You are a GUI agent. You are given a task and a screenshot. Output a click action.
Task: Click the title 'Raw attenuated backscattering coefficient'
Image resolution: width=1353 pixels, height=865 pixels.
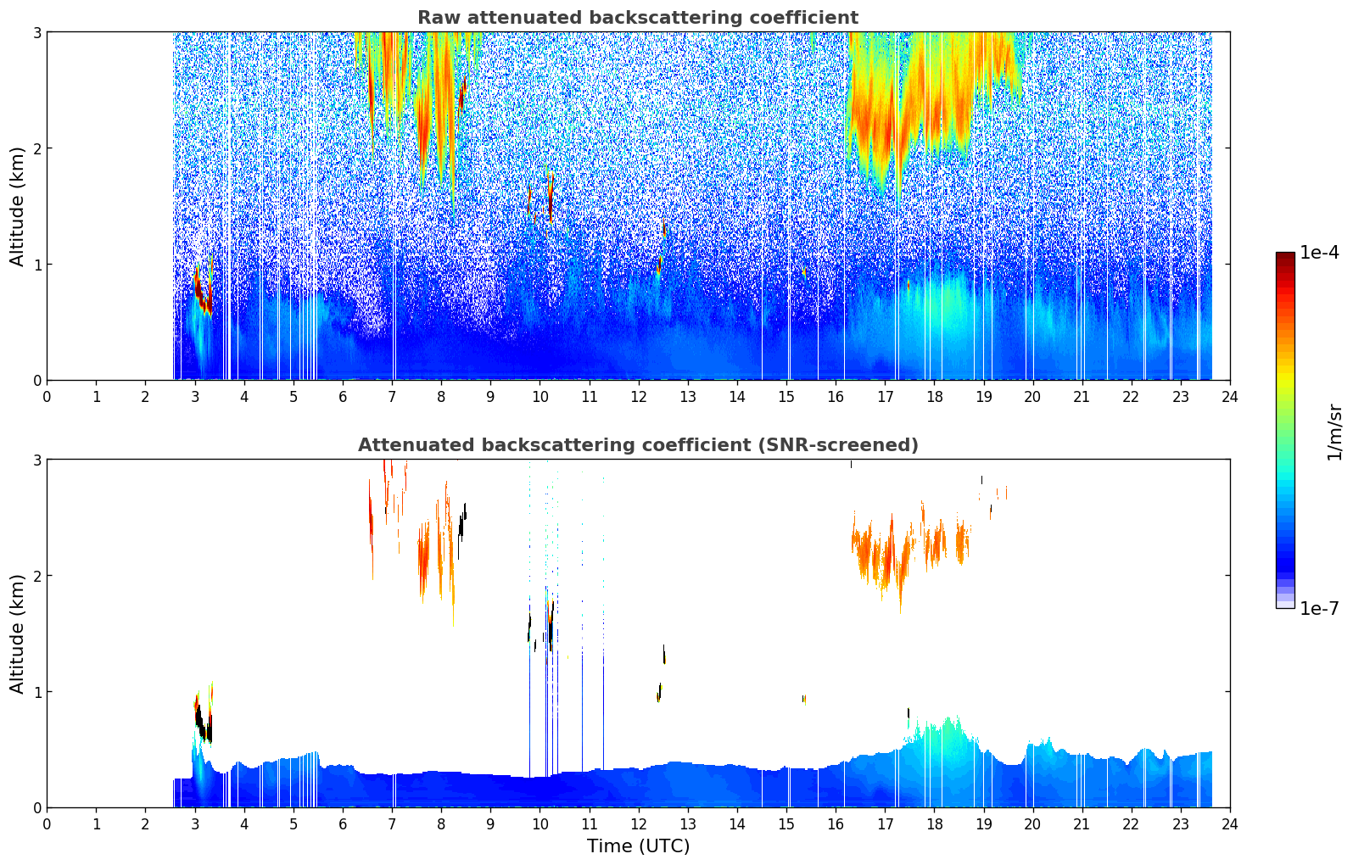tap(637, 18)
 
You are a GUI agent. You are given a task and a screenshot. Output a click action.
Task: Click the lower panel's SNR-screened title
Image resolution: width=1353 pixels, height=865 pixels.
tap(637, 445)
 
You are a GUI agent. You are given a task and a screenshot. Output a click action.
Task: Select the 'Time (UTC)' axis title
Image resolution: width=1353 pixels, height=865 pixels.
tap(638, 846)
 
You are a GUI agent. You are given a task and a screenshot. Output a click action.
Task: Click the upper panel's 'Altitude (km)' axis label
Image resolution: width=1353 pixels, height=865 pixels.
tap(17, 206)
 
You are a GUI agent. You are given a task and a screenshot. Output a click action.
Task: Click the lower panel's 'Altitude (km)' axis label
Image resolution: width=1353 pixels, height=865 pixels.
tap(17, 633)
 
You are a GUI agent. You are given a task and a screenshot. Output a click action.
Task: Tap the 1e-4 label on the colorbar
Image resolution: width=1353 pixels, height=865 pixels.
tap(1318, 253)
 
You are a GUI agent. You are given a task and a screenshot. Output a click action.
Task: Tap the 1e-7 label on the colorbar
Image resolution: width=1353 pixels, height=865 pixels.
tap(1318, 608)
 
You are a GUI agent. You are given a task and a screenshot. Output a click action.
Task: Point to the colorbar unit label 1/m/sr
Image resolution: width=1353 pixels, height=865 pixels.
tap(1334, 431)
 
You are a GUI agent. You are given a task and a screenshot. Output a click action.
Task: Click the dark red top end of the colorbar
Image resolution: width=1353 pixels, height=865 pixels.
tap(1285, 255)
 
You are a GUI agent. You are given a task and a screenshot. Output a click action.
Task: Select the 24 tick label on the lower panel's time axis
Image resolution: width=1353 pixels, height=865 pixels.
tap(1229, 823)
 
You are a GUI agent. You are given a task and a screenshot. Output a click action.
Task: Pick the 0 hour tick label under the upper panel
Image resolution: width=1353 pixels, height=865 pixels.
tap(47, 396)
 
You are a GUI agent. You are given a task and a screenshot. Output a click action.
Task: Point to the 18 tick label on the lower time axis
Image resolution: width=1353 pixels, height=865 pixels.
tap(934, 823)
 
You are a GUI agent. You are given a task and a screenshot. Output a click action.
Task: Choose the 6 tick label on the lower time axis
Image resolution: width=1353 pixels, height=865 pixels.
tap(343, 823)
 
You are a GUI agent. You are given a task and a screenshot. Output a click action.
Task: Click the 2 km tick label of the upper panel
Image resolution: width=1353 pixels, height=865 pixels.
tap(36, 148)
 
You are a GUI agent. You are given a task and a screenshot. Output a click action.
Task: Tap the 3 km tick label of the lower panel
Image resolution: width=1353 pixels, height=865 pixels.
tap(36, 460)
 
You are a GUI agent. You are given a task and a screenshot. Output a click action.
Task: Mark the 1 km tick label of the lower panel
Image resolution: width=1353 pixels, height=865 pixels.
tap(36, 692)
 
